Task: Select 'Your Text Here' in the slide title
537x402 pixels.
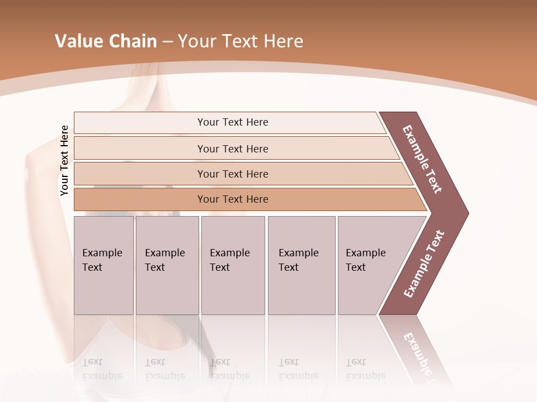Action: pos(241,41)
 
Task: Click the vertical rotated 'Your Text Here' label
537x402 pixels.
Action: pos(64,161)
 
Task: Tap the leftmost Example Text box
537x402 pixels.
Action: pos(103,265)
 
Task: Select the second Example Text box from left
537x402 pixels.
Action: pos(167,265)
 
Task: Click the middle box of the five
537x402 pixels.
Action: pos(233,265)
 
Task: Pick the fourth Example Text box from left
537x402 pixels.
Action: pos(302,265)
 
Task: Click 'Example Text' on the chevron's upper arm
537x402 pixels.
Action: pos(422,159)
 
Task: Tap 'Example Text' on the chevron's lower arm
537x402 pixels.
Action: pos(424,264)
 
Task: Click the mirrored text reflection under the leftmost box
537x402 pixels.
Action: pos(102,370)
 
